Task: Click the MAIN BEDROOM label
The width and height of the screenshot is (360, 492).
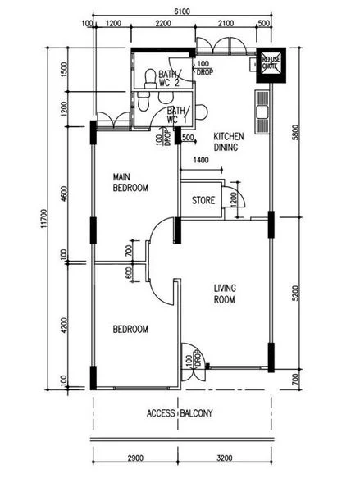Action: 130,182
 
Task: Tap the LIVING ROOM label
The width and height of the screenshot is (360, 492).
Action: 225,294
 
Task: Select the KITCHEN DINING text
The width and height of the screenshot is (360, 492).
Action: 229,142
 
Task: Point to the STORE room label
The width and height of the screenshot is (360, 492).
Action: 203,200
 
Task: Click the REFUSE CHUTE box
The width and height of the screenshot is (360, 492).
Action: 271,65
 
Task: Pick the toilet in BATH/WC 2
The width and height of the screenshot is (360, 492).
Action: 150,79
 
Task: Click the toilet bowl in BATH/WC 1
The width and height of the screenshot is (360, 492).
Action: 144,102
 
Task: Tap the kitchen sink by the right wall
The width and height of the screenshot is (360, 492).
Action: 262,112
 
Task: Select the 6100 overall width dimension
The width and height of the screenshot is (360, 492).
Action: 182,11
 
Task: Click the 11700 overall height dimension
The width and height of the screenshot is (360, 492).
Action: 44,219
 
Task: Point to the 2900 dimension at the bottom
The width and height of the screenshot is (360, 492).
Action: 135,458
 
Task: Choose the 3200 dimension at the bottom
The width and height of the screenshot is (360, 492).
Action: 225,458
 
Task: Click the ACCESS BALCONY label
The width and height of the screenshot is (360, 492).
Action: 180,413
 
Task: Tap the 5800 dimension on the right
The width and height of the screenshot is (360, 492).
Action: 295,132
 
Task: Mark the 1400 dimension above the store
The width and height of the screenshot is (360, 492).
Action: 201,161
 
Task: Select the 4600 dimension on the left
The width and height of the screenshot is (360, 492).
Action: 64,194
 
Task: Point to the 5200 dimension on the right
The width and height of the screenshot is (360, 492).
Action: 295,293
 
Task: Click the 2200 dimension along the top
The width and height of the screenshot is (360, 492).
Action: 163,24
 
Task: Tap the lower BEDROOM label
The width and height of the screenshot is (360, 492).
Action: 130,329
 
